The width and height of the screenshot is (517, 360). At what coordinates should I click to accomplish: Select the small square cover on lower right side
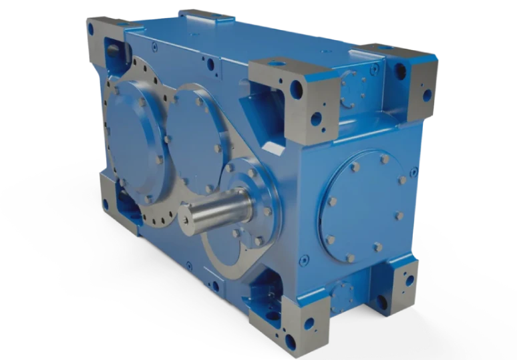(345, 294)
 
